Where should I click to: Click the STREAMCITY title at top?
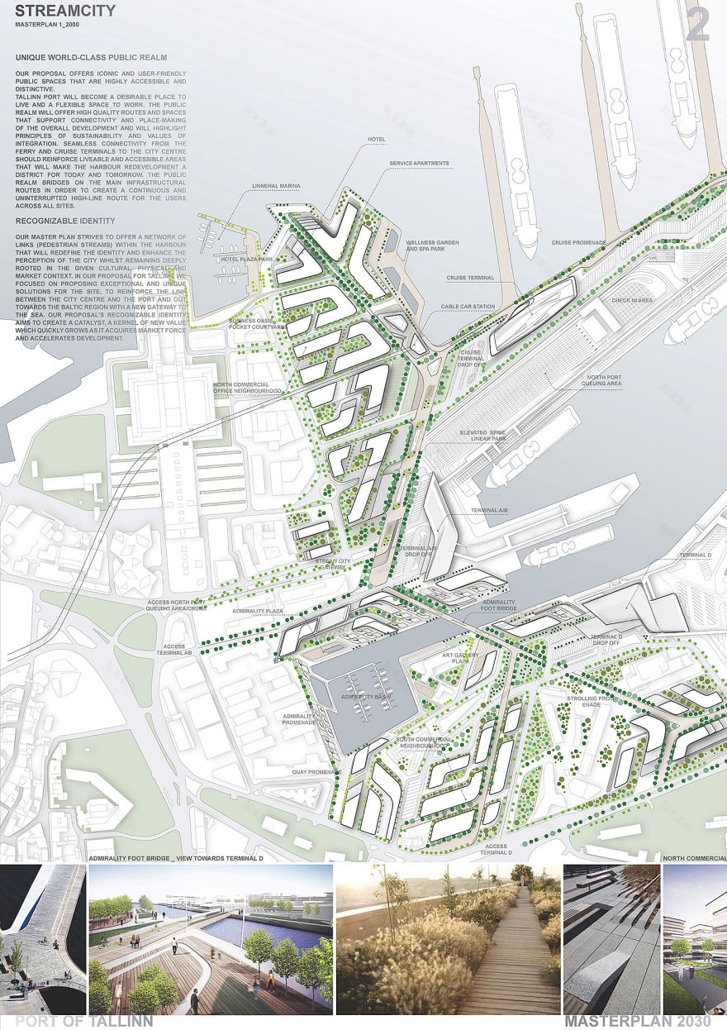64,12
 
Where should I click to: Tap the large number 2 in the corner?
698,26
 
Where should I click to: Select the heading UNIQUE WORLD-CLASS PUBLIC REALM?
91,58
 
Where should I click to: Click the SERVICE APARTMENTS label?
420,164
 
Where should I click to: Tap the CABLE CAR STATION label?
468,307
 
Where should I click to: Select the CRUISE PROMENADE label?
579,243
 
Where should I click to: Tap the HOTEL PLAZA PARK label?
248,259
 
